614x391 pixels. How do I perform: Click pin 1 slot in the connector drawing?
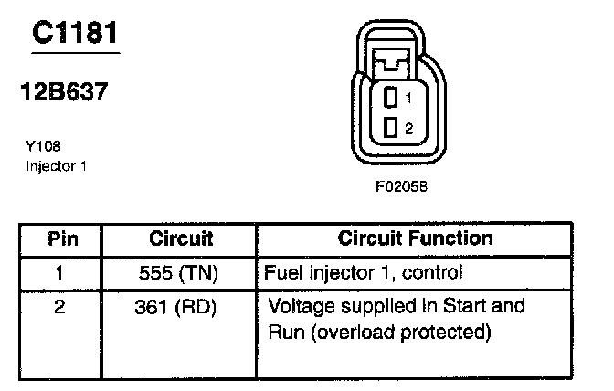point(391,97)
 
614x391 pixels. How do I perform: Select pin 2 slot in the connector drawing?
point(391,128)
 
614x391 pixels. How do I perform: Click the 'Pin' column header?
point(62,239)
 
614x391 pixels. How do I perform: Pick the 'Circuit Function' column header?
point(415,239)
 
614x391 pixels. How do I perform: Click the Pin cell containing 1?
point(60,272)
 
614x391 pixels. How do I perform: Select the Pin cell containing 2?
point(60,307)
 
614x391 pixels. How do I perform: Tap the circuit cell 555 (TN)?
point(180,272)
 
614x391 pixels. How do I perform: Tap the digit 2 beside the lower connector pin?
point(408,129)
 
